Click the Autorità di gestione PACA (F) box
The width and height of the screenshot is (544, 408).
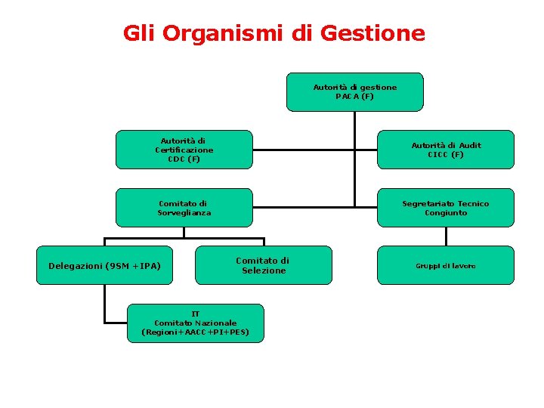click(x=355, y=92)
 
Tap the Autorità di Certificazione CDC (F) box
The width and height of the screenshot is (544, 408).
click(x=184, y=150)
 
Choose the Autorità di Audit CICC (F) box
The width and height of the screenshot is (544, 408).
click(x=446, y=150)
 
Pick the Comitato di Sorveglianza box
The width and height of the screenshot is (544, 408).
click(x=184, y=208)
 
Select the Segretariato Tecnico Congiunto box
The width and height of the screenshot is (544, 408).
click(x=446, y=208)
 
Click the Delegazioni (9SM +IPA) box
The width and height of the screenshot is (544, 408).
click(x=104, y=265)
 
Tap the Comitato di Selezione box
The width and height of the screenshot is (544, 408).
click(x=264, y=265)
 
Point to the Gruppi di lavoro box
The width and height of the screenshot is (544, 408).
click(x=446, y=265)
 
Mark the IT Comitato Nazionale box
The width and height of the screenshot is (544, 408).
click(x=196, y=323)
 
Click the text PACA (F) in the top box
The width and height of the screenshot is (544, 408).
click(x=355, y=97)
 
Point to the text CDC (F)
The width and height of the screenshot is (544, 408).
click(x=184, y=159)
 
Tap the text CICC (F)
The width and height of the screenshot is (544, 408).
click(x=446, y=154)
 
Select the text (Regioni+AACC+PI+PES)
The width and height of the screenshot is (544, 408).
click(x=196, y=332)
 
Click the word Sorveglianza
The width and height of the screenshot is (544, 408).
click(x=184, y=212)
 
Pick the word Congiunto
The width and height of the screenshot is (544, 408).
click(x=446, y=212)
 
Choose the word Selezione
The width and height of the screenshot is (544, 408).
click(x=264, y=270)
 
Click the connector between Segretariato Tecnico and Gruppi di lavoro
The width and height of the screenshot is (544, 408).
click(x=446, y=236)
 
